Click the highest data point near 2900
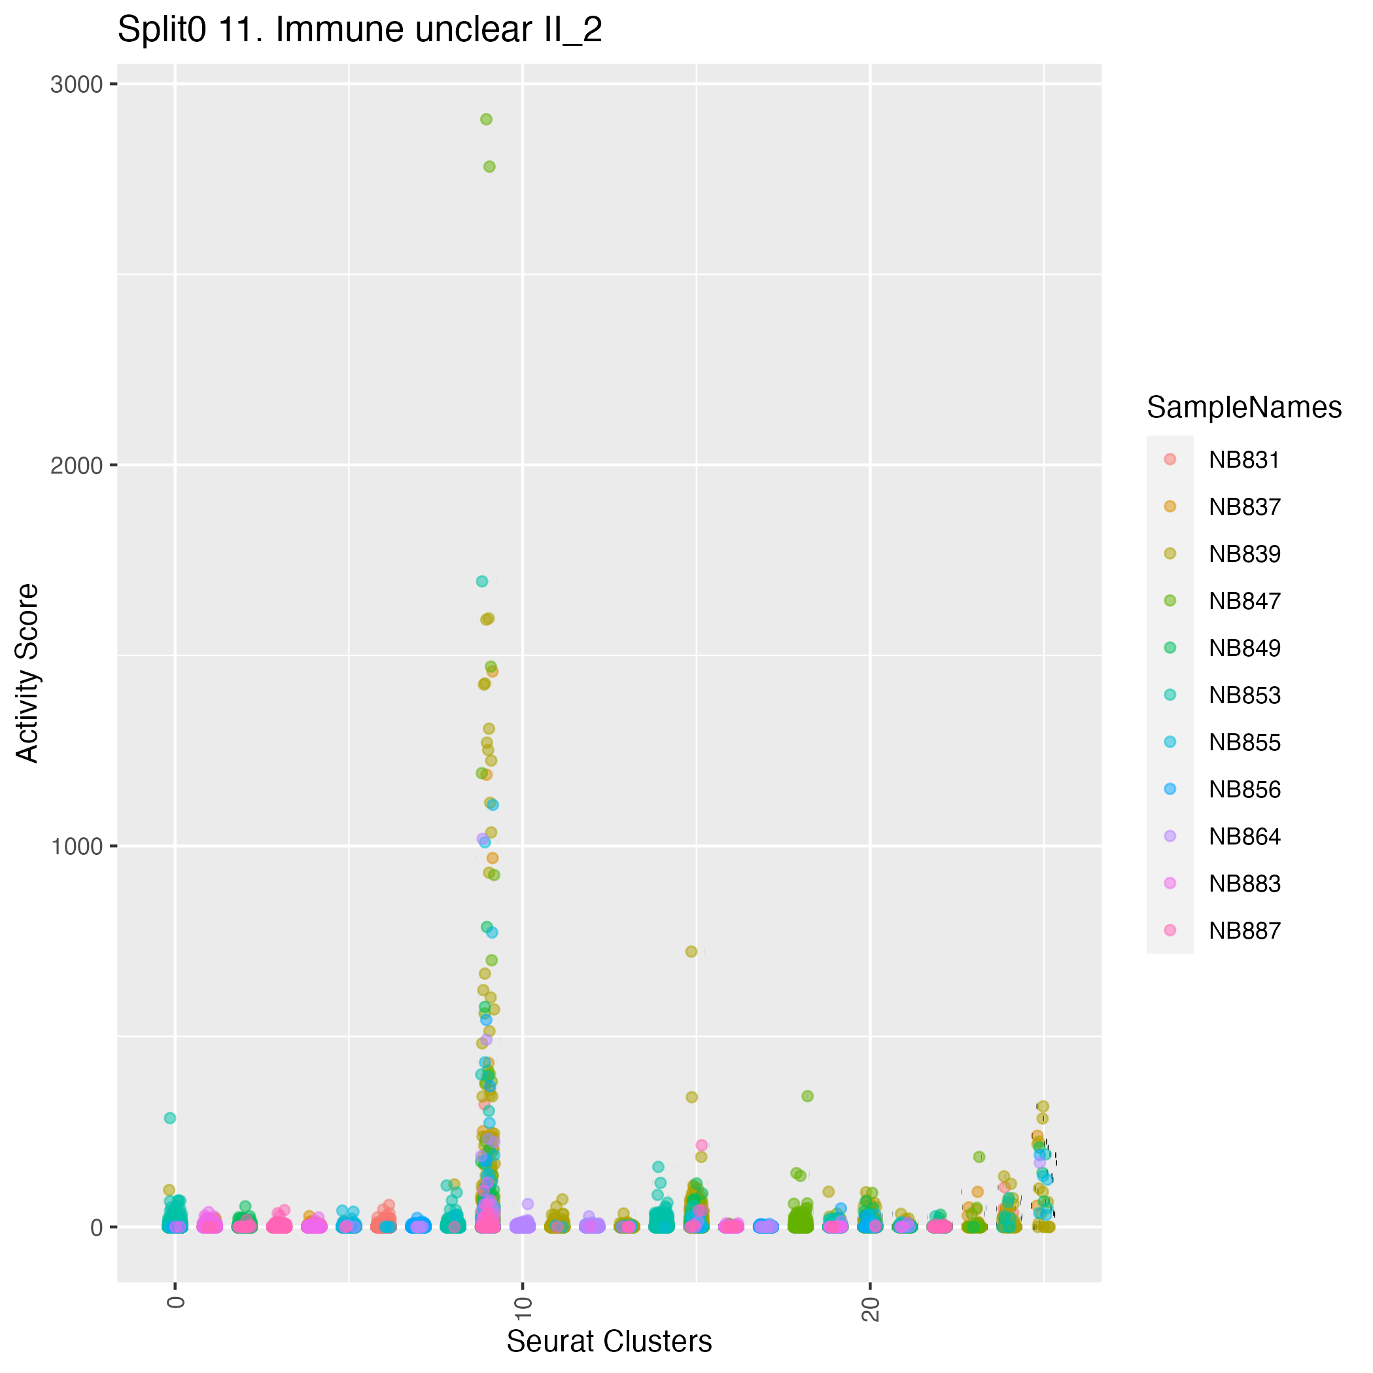pyautogui.click(x=486, y=120)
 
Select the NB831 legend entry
pyautogui.click(x=1243, y=460)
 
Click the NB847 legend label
pyautogui.click(x=1243, y=601)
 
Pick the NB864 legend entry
pyautogui.click(x=1243, y=837)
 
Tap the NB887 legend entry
pyautogui.click(x=1243, y=930)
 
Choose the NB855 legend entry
pyautogui.click(x=1243, y=742)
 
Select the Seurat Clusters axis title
pyautogui.click(x=609, y=1342)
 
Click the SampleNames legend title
pyautogui.click(x=1243, y=408)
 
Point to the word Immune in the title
pyautogui.click(x=337, y=30)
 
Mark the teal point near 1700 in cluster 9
pyautogui.click(x=482, y=582)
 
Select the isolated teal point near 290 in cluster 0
pyautogui.click(x=170, y=1118)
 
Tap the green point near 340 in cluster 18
pyautogui.click(x=807, y=1096)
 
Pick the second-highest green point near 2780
pyautogui.click(x=489, y=166)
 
